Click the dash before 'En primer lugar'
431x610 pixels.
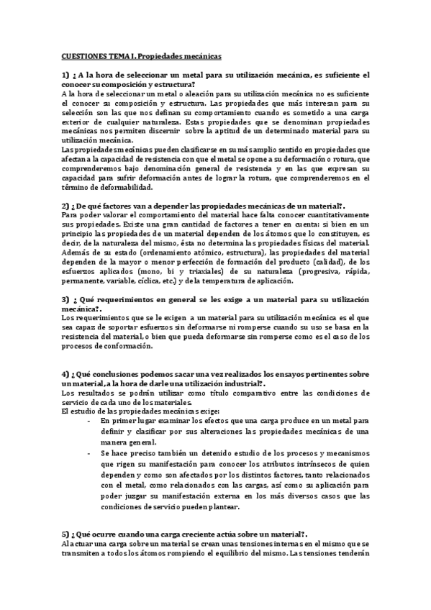tap(89, 420)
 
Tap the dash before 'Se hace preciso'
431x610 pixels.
tap(89, 455)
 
